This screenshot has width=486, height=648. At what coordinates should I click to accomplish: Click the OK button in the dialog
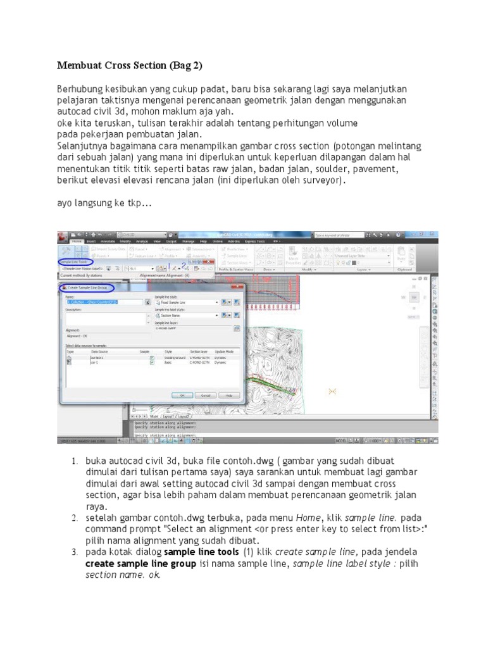pos(182,394)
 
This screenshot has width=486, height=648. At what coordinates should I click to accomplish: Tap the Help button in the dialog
pos(229,394)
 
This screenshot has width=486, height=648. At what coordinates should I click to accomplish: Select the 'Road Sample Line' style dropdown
pos(187,302)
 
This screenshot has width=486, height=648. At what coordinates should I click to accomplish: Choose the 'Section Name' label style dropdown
pos(187,315)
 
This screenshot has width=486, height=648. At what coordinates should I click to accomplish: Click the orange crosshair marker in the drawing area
pos(332,392)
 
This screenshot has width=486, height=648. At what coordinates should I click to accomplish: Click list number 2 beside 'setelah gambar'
pos(74,517)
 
